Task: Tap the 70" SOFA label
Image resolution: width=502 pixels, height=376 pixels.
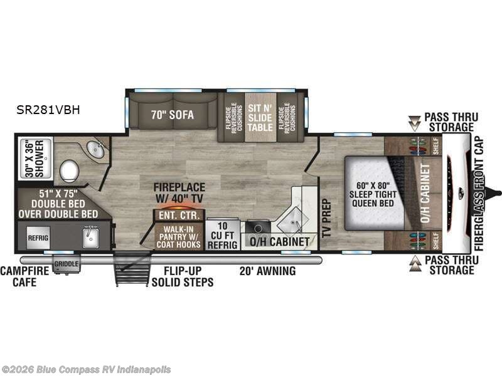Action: pos(171,115)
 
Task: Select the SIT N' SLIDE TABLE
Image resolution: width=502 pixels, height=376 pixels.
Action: pos(260,113)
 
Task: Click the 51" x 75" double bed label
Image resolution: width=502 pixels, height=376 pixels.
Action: pos(57,202)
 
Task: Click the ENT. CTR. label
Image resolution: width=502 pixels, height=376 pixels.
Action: pos(178,216)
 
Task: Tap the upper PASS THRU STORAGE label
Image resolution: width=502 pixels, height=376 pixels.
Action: pos(451,122)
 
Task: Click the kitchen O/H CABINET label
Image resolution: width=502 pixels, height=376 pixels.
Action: pos(279,241)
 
